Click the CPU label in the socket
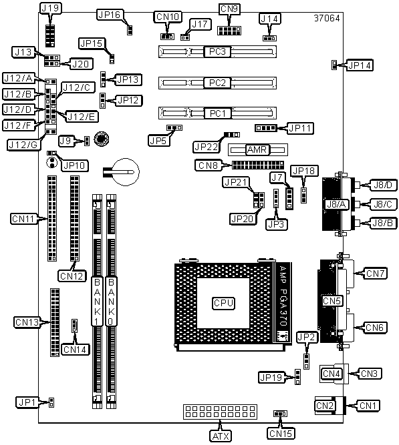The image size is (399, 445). (x=223, y=303)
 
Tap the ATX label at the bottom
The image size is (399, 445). (x=221, y=436)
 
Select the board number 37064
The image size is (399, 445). (x=327, y=18)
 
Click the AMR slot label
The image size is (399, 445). (x=257, y=149)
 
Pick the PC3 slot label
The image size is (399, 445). (x=217, y=51)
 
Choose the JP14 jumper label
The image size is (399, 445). (x=360, y=65)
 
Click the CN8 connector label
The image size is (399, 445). (x=208, y=165)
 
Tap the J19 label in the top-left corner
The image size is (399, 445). (x=50, y=8)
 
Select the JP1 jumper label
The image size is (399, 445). (x=27, y=402)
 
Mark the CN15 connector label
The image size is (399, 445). (x=281, y=434)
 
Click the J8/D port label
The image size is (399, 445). (x=383, y=185)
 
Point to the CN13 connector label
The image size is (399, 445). (x=27, y=322)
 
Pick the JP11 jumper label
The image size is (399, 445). (x=301, y=128)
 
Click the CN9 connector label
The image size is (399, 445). (x=229, y=9)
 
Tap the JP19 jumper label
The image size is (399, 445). (x=271, y=378)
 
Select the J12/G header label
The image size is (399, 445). (x=23, y=145)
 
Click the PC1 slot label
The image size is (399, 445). (x=217, y=113)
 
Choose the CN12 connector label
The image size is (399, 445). (x=72, y=276)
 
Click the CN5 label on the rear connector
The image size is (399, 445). (x=331, y=301)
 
